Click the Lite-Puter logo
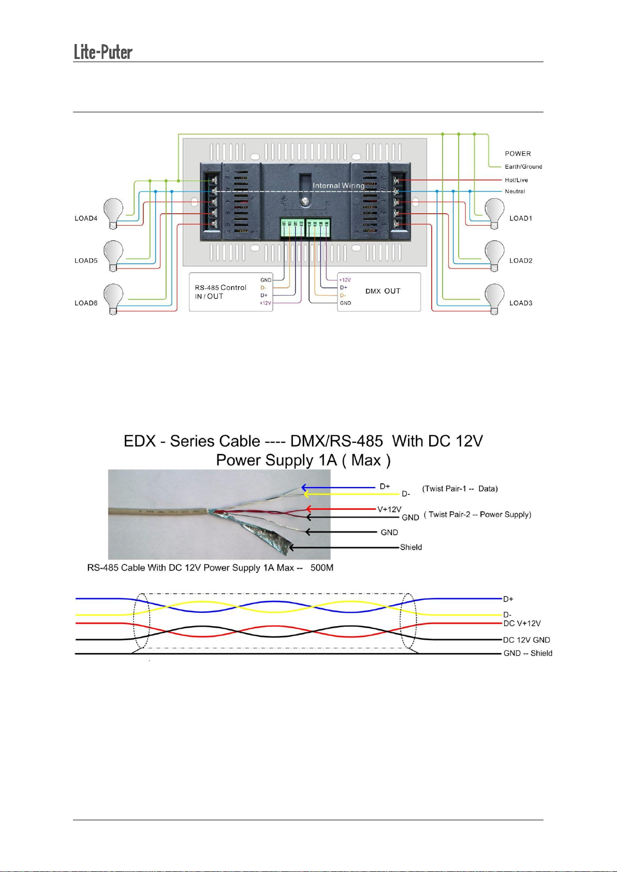coord(103,52)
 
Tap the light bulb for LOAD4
coord(114,212)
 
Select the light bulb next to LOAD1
coord(494,212)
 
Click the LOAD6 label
coord(86,303)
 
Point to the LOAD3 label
coord(521,303)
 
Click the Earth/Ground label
coord(523,167)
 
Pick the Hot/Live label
coord(516,180)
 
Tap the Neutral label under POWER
coord(515,191)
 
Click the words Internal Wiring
coord(339,185)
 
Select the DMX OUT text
coord(383,291)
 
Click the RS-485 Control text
coord(221,288)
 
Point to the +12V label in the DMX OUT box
coord(345,280)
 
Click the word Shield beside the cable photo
coord(411,547)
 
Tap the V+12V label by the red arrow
coord(389,509)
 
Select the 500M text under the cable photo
coord(322,568)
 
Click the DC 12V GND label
coord(526,640)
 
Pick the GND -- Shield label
coord(528,653)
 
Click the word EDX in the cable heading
coord(140,441)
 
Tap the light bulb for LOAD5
coord(114,255)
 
